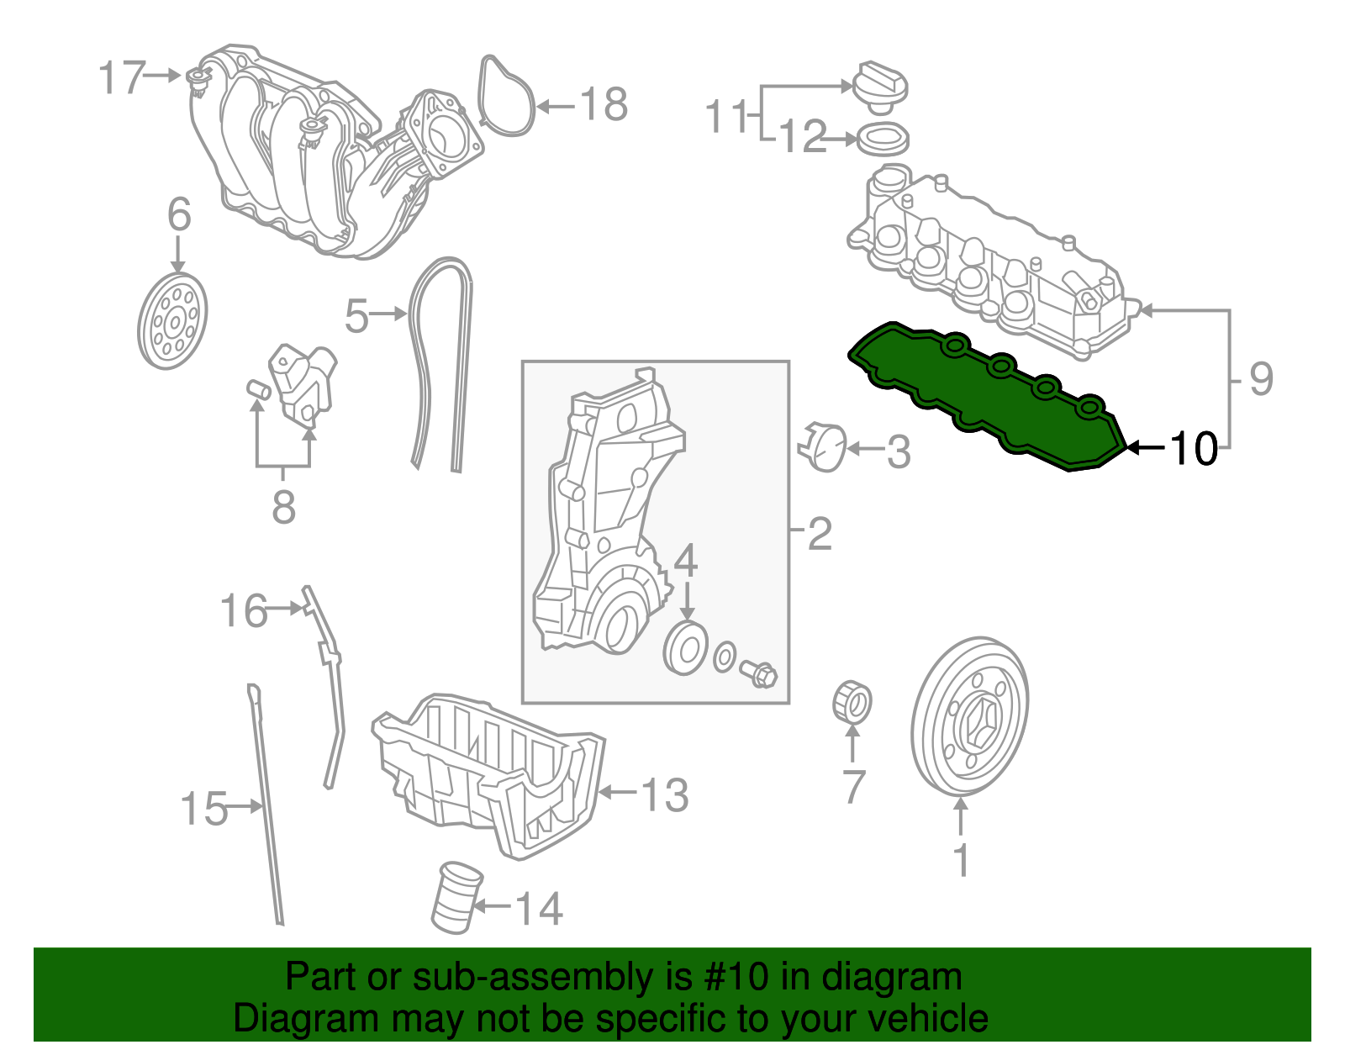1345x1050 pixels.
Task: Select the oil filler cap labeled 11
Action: (880, 87)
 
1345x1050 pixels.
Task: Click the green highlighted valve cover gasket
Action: (984, 395)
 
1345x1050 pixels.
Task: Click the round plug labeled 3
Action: (822, 447)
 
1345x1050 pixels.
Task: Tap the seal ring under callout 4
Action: (686, 649)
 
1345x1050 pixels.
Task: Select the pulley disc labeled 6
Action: (172, 321)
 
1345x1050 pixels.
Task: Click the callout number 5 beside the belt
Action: (356, 317)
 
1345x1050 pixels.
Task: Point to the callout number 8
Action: (284, 506)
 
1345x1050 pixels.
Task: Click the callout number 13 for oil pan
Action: (664, 794)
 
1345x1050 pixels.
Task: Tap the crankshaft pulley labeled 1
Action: (969, 716)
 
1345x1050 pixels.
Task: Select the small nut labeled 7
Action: (852, 704)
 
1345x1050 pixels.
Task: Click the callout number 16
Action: (244, 611)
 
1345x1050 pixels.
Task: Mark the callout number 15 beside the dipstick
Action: (204, 809)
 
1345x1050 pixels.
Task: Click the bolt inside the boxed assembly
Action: (758, 673)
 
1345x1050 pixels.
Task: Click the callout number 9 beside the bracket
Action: (1260, 379)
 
